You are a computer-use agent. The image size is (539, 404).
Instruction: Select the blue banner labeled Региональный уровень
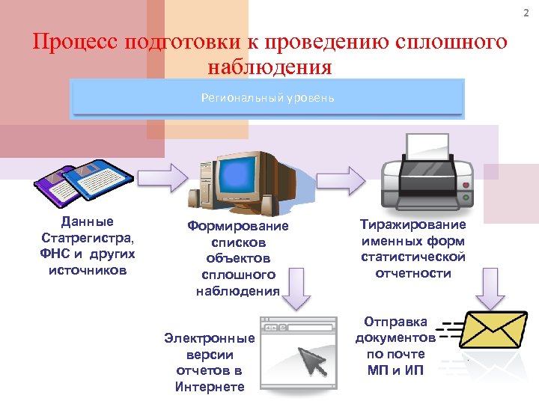267,99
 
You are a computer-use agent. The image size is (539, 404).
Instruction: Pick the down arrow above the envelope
490,287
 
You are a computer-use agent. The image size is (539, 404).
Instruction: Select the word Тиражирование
412,224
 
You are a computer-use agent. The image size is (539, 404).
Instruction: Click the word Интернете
210,387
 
